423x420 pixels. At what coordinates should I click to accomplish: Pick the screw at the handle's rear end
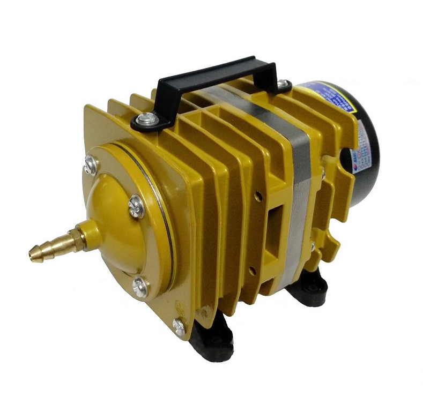(x=283, y=85)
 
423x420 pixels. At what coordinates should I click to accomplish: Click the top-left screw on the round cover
(x=89, y=164)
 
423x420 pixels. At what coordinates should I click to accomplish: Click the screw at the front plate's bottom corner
(x=179, y=326)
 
